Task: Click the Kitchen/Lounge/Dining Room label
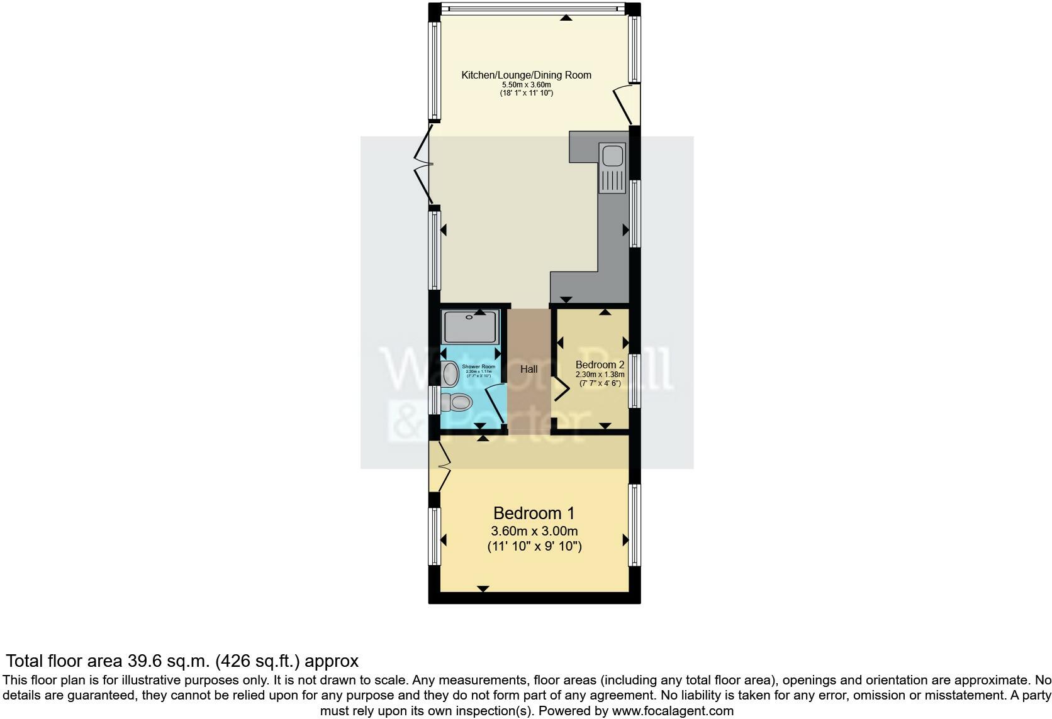[x=526, y=75]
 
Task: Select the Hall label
[x=529, y=370]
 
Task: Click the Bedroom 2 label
[x=600, y=365]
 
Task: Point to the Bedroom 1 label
[x=534, y=513]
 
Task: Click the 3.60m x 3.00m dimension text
[x=534, y=531]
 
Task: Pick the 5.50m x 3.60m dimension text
[x=526, y=85]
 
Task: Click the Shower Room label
[x=478, y=366]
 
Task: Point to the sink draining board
[x=611, y=180]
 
